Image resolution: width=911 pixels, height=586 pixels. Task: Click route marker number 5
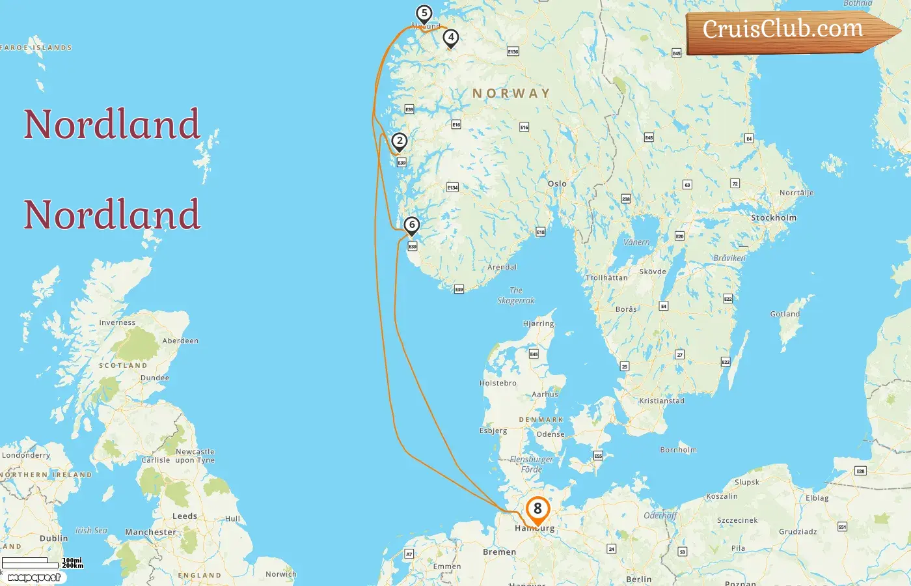tap(424, 14)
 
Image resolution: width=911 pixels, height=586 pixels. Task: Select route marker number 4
tap(450, 38)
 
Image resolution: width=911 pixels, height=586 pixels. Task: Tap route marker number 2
tap(400, 141)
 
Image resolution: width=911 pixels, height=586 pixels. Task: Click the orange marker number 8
tap(537, 509)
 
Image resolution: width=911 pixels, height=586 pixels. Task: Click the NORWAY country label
tap(511, 94)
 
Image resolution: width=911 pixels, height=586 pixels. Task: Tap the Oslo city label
tap(557, 184)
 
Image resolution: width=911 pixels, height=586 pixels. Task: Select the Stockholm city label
tap(773, 218)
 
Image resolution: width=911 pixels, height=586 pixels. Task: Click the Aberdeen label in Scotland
tap(180, 341)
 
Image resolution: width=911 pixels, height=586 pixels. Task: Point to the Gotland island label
tap(785, 314)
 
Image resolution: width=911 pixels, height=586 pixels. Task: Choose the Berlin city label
tap(638, 579)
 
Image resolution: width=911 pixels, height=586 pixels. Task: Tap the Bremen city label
tap(499, 552)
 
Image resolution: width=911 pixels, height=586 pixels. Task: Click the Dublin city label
tap(53, 538)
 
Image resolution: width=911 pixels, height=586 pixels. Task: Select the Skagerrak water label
tap(515, 296)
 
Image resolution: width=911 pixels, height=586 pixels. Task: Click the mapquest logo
tap(34, 578)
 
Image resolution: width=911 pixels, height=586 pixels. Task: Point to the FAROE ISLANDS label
tap(36, 48)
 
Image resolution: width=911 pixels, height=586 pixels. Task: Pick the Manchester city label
tap(150, 532)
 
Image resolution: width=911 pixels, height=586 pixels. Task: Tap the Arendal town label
tap(502, 267)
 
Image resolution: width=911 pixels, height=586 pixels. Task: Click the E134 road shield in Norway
tap(452, 188)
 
